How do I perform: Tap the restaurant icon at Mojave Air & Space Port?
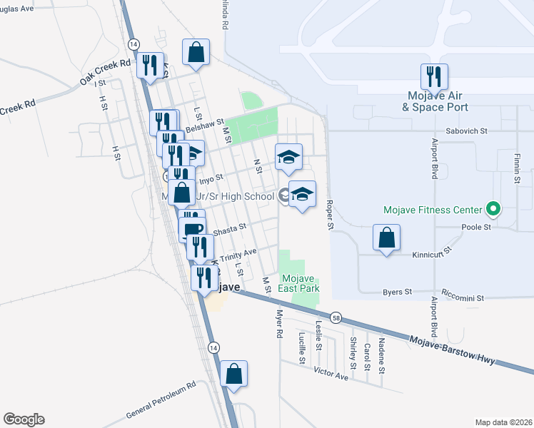click(435, 76)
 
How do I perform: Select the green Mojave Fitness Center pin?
click(492, 210)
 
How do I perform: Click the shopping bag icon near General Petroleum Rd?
click(233, 372)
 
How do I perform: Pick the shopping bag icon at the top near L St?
click(196, 51)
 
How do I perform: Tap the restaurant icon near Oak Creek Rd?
click(150, 65)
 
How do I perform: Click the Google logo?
click(24, 419)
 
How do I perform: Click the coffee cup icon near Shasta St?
click(191, 229)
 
